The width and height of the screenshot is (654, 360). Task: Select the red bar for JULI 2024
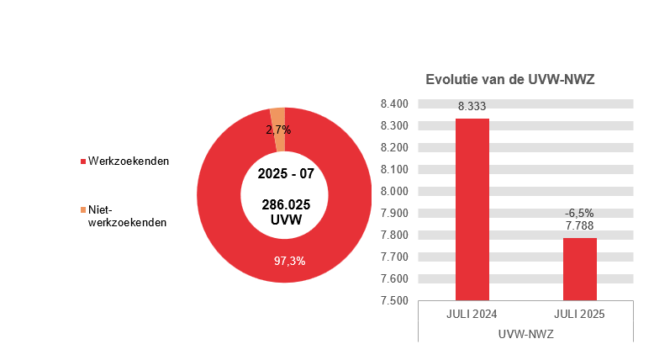[472, 210]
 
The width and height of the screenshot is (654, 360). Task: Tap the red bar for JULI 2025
[579, 269]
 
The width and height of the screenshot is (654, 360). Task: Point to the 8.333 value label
[472, 107]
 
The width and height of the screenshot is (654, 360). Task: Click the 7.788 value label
[579, 226]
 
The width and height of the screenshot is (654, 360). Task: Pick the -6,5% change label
[579, 214]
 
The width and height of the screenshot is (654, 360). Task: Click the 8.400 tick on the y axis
[394, 104]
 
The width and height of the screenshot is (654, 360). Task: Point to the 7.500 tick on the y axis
[394, 300]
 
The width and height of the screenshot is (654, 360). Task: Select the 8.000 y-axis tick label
[394, 191]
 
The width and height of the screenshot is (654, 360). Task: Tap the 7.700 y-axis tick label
[394, 257]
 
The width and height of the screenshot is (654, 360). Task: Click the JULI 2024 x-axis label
[472, 315]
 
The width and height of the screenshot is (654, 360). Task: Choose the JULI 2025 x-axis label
[579, 315]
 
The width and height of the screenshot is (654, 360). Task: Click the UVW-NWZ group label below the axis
[525, 334]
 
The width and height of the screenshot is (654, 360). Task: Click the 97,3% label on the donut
[290, 261]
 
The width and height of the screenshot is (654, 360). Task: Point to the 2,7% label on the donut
[278, 130]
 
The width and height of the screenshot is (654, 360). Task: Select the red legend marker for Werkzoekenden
[82, 161]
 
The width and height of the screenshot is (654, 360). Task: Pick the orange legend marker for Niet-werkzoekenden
[82, 209]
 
